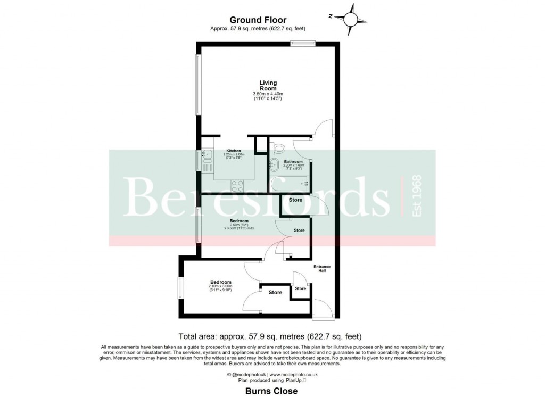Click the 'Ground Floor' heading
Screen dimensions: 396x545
coord(258,20)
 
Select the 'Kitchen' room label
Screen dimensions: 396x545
coord(234,151)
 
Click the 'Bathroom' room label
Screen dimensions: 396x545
coord(293,161)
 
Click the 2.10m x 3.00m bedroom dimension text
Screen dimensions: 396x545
coord(220,287)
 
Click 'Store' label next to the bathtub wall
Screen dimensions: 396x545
coord(295,200)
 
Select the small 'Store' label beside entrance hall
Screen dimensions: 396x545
coord(300,288)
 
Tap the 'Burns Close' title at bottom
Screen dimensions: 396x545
coord(271,391)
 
